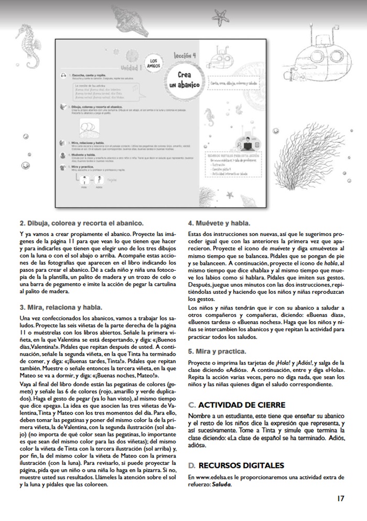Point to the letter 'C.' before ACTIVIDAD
(x=191, y=405)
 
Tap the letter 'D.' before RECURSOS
(x=191, y=465)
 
